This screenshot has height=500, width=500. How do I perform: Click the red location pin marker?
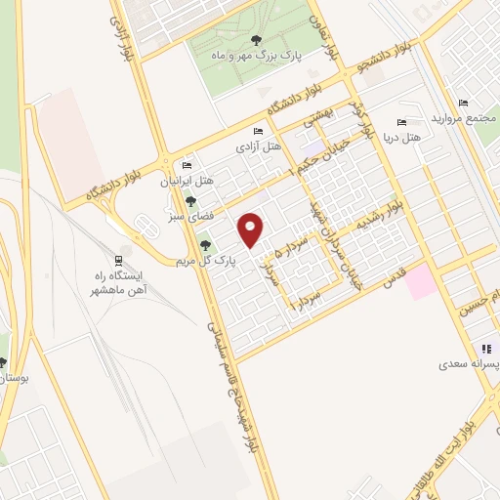[x=252, y=229]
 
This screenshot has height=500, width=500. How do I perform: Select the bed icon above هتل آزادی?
[x=258, y=132]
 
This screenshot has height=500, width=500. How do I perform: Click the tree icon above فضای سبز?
[x=190, y=201]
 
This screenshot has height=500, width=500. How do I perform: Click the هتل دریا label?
[x=401, y=138]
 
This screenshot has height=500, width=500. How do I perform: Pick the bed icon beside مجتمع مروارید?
[x=463, y=104]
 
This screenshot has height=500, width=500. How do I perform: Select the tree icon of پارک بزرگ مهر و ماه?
[x=256, y=40]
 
